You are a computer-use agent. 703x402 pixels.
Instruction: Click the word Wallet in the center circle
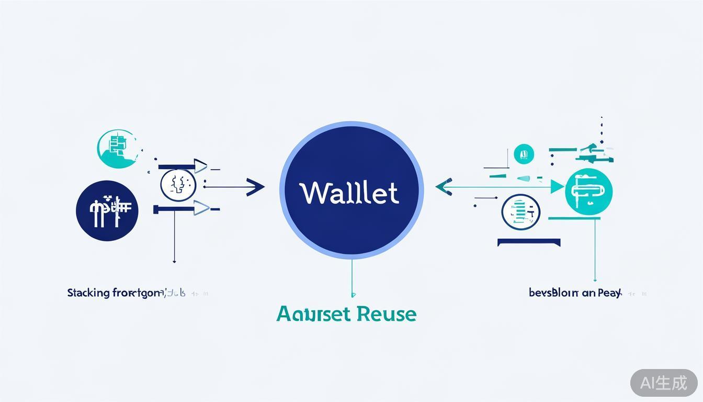tap(350, 193)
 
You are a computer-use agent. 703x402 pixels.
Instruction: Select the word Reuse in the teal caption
tap(387, 314)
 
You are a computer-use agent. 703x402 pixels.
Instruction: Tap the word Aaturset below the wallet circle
tap(314, 314)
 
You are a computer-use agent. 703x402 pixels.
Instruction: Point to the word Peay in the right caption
tap(609, 293)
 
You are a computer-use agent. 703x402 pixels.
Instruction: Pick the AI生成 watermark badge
tap(664, 383)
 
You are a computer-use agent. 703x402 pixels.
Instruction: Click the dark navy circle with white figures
tap(107, 210)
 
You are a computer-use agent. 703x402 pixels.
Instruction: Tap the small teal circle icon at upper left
tap(117, 149)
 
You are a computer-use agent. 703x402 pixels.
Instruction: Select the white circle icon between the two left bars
tap(178, 185)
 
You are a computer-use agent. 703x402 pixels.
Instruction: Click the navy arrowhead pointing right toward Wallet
tap(255, 186)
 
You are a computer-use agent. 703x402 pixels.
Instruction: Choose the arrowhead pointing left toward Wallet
tap(444, 186)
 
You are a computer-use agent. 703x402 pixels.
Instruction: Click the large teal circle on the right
tap(588, 192)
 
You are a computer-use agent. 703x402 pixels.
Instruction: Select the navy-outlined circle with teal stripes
tap(520, 212)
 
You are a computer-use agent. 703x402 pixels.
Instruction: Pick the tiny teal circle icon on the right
tap(524, 154)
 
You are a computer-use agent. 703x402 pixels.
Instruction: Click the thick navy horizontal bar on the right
tap(529, 242)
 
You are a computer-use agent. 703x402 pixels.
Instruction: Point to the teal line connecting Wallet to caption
tap(352, 277)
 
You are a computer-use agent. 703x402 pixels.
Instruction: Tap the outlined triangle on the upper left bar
tap(200, 166)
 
